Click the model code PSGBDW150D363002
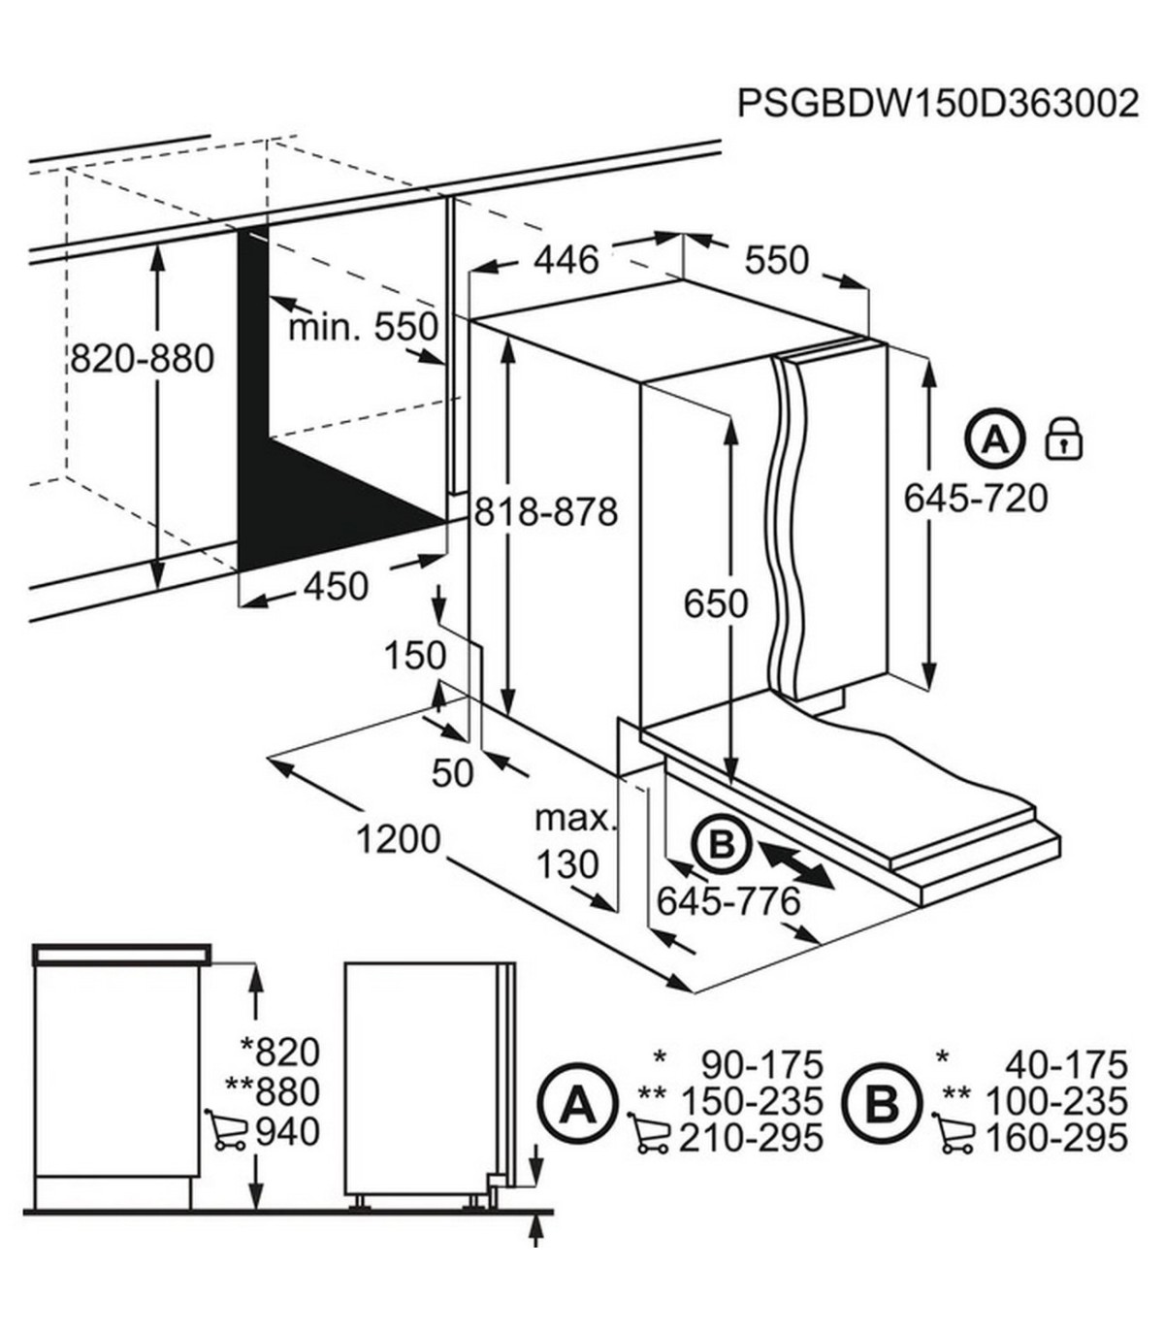[938, 104]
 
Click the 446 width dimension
[566, 260]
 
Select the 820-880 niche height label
[142, 358]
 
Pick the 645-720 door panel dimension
[977, 499]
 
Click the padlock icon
[1064, 439]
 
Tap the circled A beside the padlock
[994, 440]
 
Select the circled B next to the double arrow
[721, 846]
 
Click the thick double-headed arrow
[796, 862]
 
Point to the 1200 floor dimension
[399, 839]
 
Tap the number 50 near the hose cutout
[453, 774]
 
